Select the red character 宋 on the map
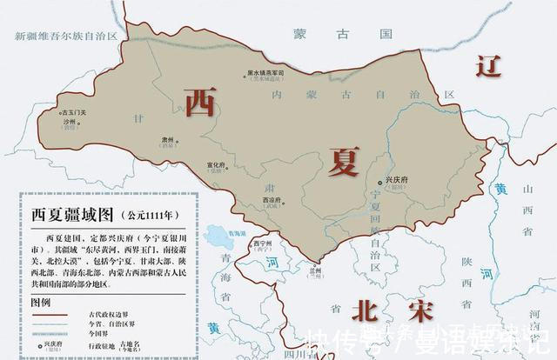(x=410, y=310)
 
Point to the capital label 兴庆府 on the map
(x=396, y=178)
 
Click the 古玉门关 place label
(x=72, y=113)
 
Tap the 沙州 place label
(x=69, y=123)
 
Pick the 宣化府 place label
(x=218, y=164)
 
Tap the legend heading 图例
(x=42, y=302)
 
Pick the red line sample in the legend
(x=55, y=317)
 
